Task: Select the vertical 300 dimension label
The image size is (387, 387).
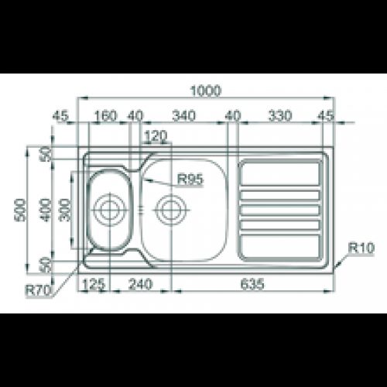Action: point(65,208)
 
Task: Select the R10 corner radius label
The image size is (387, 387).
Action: point(361,248)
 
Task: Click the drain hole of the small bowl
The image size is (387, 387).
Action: point(108,208)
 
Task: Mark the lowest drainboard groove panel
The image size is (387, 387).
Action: point(281,246)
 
